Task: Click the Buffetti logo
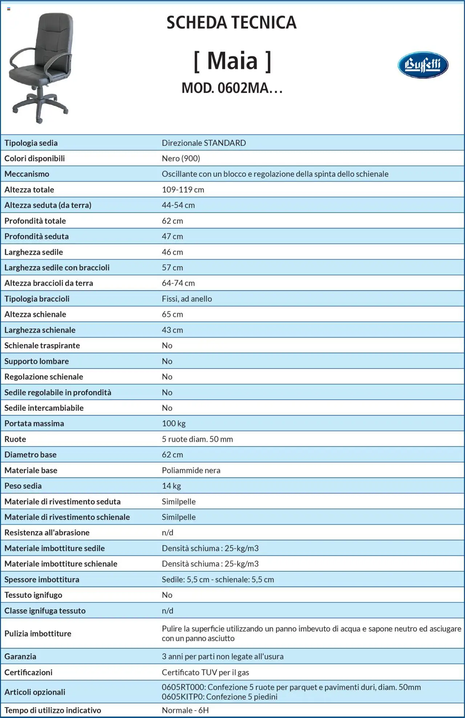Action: tap(423, 65)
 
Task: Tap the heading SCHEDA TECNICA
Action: tap(231, 23)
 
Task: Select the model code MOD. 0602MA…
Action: tap(232, 88)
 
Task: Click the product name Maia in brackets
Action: tap(232, 61)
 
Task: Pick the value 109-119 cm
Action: tap(183, 189)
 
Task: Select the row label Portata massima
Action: tap(34, 423)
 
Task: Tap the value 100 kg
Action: tap(174, 423)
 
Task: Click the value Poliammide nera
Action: tap(191, 470)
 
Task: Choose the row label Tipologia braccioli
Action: tap(37, 299)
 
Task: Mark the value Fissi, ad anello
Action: tap(187, 299)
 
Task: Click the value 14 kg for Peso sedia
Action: tap(171, 486)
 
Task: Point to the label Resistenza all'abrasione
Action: tap(47, 533)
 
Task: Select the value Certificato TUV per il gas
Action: tap(205, 672)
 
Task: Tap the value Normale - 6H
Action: tap(185, 710)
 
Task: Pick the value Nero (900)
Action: tap(181, 158)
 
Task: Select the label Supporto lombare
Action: tap(36, 361)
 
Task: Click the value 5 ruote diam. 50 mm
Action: tap(197, 439)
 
